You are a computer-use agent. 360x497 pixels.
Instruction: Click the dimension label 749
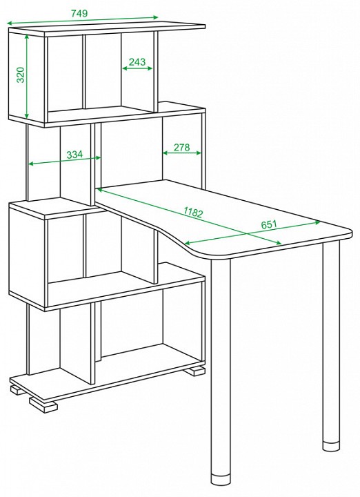[x=79, y=13]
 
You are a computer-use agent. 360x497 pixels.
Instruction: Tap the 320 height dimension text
[x=20, y=75]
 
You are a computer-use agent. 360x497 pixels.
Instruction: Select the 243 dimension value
[x=137, y=61]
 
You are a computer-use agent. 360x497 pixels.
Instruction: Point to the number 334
[x=74, y=155]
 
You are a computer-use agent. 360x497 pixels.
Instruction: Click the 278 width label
[x=182, y=147]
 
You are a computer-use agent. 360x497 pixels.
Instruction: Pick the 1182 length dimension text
[x=192, y=213]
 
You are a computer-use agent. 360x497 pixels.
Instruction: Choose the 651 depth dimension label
[x=269, y=224]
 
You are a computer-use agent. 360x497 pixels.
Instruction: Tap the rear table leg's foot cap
[x=331, y=445]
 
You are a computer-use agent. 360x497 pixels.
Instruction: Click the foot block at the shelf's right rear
[x=194, y=371]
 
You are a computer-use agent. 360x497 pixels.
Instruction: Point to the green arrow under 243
[x=137, y=68]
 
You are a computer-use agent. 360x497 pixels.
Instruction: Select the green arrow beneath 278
[x=182, y=153]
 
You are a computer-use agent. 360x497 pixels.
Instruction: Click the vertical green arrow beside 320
[x=27, y=76]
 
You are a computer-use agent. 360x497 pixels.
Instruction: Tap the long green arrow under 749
[x=82, y=20]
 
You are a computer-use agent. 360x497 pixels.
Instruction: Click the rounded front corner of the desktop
[x=206, y=256]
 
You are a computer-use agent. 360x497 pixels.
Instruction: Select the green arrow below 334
[x=65, y=161]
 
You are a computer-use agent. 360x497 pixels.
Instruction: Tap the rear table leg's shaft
[x=331, y=342]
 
